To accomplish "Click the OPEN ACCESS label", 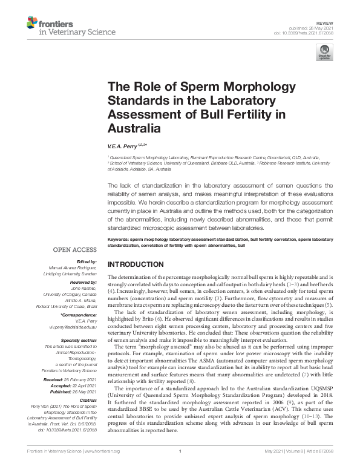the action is click(74, 249).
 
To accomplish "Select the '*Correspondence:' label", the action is click(80, 315).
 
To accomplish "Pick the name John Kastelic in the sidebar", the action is click(82, 288).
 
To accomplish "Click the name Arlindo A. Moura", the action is click(80, 301).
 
